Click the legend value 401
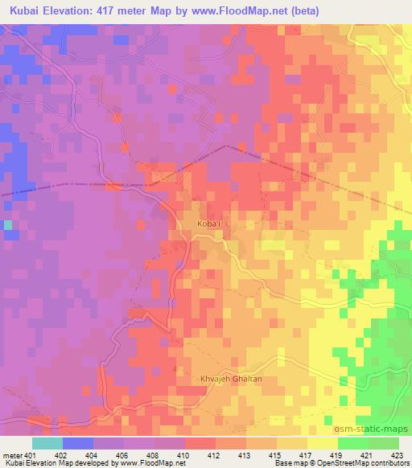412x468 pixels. pyautogui.click(x=31, y=455)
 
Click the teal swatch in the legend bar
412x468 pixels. pyautogui.click(x=47, y=443)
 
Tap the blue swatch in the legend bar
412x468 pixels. pyautogui.click(x=77, y=443)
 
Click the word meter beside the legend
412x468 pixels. pyautogui.click(x=11, y=455)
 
